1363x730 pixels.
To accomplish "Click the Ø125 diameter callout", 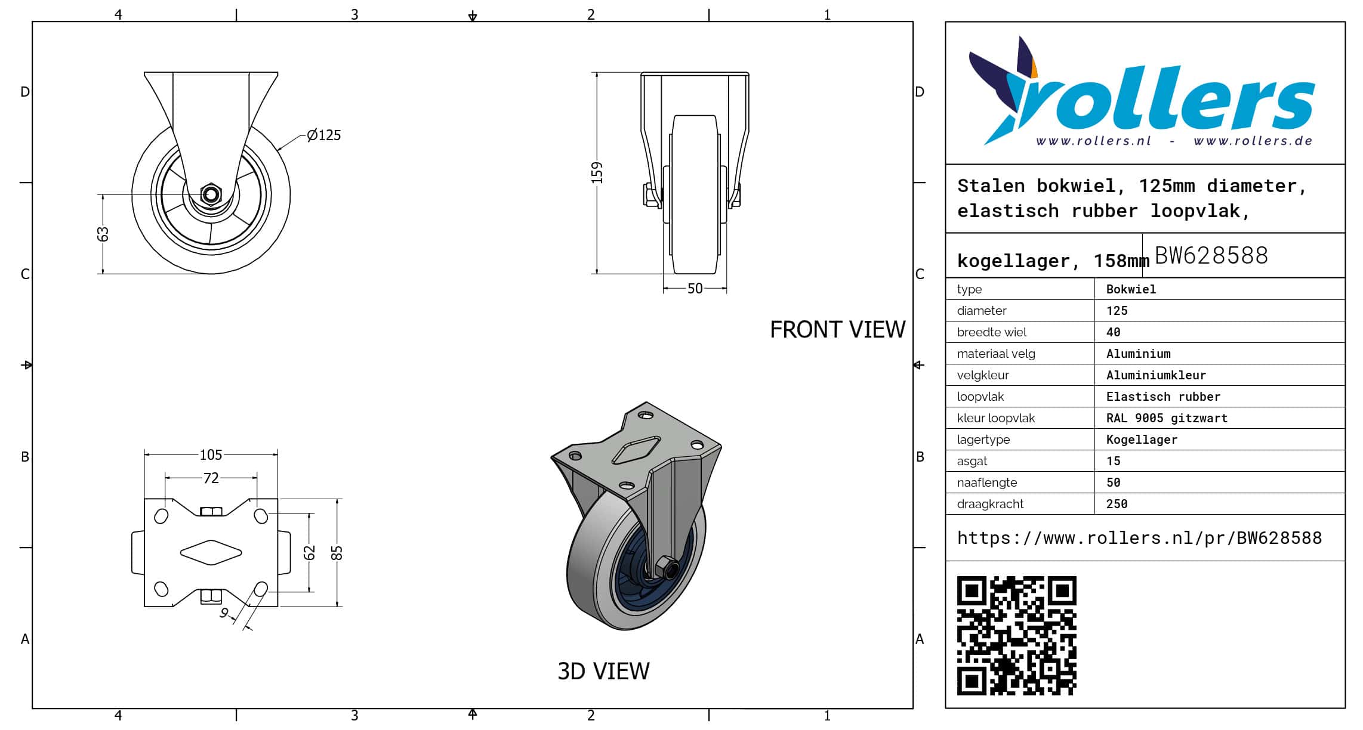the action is (x=324, y=135).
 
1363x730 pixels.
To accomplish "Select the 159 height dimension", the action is (x=597, y=172).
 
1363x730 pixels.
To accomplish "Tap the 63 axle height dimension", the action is (x=103, y=234).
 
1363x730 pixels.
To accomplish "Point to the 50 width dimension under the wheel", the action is (x=695, y=289).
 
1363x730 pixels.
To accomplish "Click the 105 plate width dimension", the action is (x=211, y=455).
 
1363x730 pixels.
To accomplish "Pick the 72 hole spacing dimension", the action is (x=211, y=478).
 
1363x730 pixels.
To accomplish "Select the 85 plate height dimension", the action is (x=337, y=553).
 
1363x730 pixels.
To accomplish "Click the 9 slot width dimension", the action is (x=224, y=613).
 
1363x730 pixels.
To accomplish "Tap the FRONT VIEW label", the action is (x=837, y=330).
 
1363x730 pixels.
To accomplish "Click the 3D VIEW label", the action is (x=603, y=672).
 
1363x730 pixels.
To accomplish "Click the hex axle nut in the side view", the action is (x=210, y=194).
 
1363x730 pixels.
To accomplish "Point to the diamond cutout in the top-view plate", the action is (x=211, y=553).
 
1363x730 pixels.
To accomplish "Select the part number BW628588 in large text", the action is (x=1211, y=255).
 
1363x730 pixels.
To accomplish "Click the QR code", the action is (x=1016, y=635).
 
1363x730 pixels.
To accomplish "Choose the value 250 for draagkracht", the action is (x=1117, y=504).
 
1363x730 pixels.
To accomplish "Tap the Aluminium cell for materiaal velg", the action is (x=1138, y=354).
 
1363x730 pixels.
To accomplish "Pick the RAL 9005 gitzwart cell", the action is (x=1167, y=418).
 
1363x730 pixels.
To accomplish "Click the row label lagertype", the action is (x=983, y=440).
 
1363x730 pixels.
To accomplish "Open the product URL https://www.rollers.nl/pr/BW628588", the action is (x=1139, y=538).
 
